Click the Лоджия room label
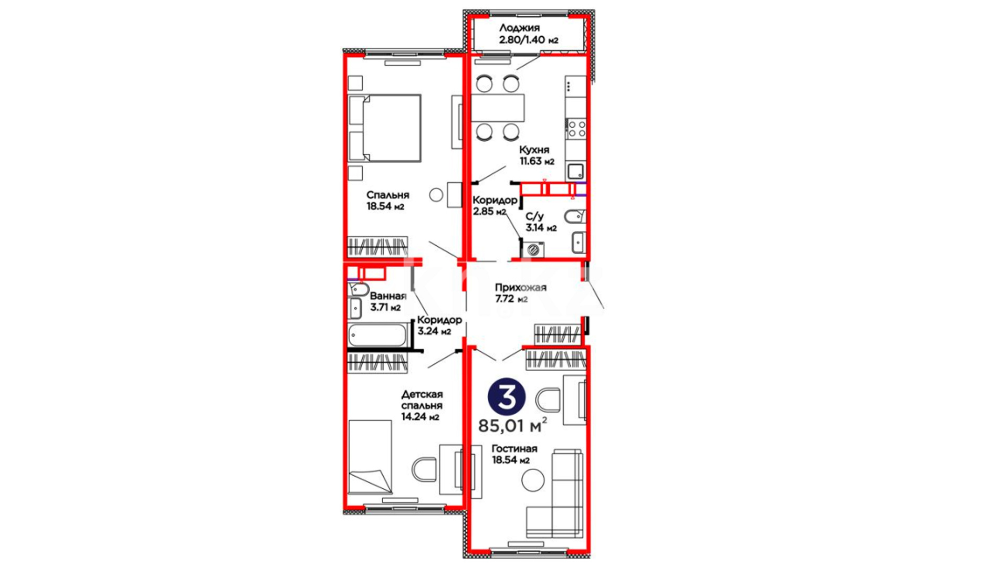tap(528, 34)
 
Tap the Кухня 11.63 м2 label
tap(537, 155)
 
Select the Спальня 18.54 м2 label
tap(387, 201)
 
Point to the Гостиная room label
tap(514, 454)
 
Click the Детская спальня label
tap(422, 405)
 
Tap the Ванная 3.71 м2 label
tap(387, 302)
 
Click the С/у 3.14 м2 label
tap(541, 222)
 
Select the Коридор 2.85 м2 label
tap(495, 206)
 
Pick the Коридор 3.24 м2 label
tap(439, 325)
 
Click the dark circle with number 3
tap(507, 397)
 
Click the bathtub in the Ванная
tap(378, 335)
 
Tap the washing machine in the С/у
tap(533, 249)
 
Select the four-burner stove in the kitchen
tap(576, 129)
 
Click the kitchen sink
tap(575, 171)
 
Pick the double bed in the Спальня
tap(385, 128)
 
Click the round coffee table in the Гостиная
tap(533, 480)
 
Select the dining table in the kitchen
tap(498, 108)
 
